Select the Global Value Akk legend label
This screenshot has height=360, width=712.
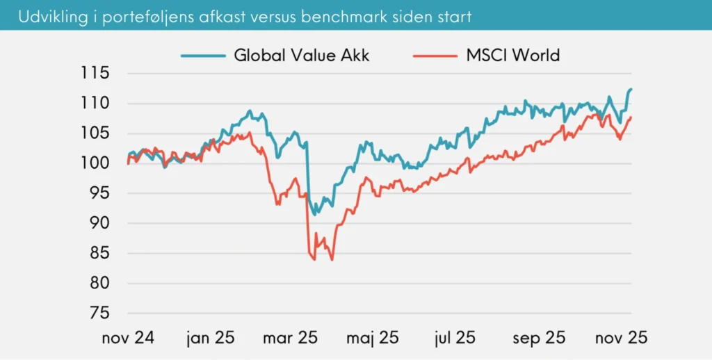302,55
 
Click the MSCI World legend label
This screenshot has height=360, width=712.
513,55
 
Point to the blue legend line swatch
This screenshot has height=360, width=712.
204,55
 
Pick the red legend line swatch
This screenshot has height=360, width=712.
436,55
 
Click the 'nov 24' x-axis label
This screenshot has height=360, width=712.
128,338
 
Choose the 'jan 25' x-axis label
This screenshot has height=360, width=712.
209,338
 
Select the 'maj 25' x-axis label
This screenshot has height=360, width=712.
372,338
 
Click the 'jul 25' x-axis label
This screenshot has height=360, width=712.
455,338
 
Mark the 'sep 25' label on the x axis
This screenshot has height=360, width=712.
540,338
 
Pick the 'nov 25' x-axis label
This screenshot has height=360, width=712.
620,338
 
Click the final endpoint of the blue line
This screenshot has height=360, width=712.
631,89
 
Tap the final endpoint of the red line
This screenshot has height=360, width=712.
631,117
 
